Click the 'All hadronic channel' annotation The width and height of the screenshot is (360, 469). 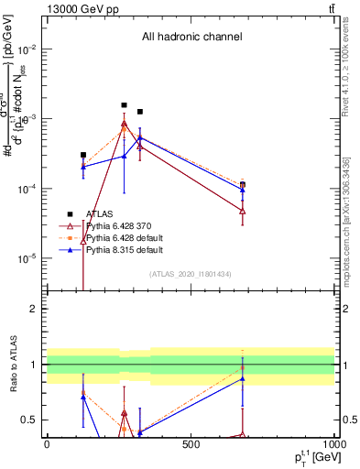[x=191, y=37]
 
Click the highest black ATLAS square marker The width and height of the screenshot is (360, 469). [x=125, y=105]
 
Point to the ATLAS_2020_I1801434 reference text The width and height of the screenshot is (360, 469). [x=191, y=274]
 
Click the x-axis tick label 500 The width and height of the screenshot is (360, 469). [x=191, y=443]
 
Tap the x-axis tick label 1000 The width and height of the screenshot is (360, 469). [x=332, y=443]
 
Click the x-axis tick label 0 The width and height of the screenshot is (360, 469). [x=47, y=443]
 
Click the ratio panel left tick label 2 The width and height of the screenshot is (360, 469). [x=33, y=309]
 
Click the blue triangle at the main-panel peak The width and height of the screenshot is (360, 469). [x=140, y=137]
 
